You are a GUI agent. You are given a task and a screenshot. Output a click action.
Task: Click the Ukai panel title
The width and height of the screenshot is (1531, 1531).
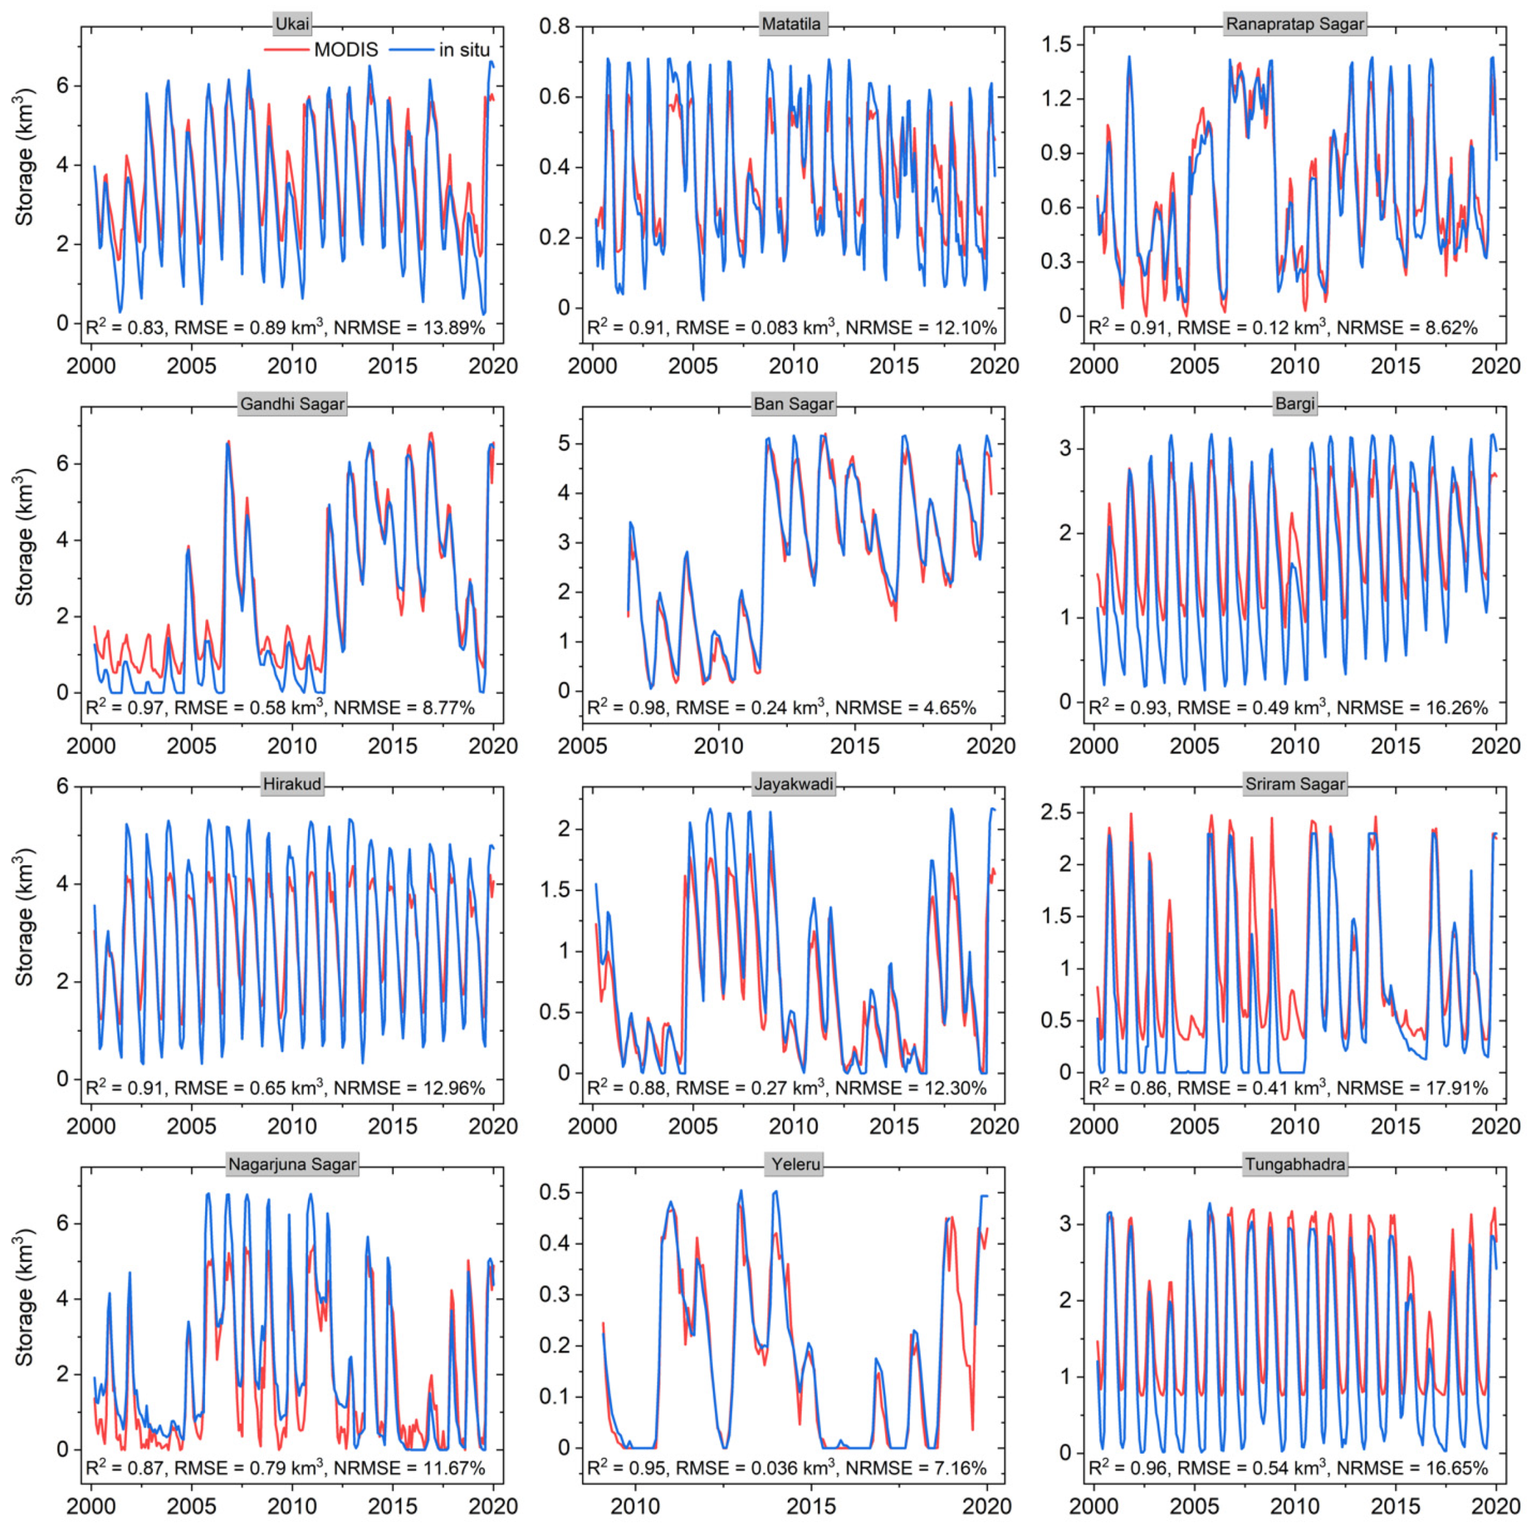pyautogui.click(x=292, y=24)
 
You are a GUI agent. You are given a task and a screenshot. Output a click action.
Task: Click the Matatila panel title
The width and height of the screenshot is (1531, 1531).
pyautogui.click(x=791, y=24)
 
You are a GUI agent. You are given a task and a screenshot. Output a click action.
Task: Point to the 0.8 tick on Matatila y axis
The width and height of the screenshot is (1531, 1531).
pyautogui.click(x=555, y=26)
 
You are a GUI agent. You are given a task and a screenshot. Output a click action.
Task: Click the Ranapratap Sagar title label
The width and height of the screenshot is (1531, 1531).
pyautogui.click(x=1295, y=24)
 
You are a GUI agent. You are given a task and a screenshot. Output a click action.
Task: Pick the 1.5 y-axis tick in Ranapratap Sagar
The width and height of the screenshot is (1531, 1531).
pyautogui.click(x=1057, y=45)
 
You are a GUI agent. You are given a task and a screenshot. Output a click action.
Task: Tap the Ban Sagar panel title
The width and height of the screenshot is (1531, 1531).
pyautogui.click(x=793, y=404)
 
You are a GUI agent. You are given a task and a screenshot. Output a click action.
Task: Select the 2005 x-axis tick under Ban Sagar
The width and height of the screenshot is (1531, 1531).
pyautogui.click(x=583, y=746)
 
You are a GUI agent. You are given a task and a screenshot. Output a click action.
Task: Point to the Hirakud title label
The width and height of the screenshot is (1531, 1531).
pyautogui.click(x=292, y=785)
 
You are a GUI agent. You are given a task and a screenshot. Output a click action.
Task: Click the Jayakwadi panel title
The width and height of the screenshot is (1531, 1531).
pyautogui.click(x=793, y=785)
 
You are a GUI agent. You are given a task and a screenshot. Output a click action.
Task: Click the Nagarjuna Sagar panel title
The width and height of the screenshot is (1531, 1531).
pyautogui.click(x=292, y=1165)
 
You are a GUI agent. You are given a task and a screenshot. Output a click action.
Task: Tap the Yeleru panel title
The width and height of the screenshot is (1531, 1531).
pyautogui.click(x=795, y=1165)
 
